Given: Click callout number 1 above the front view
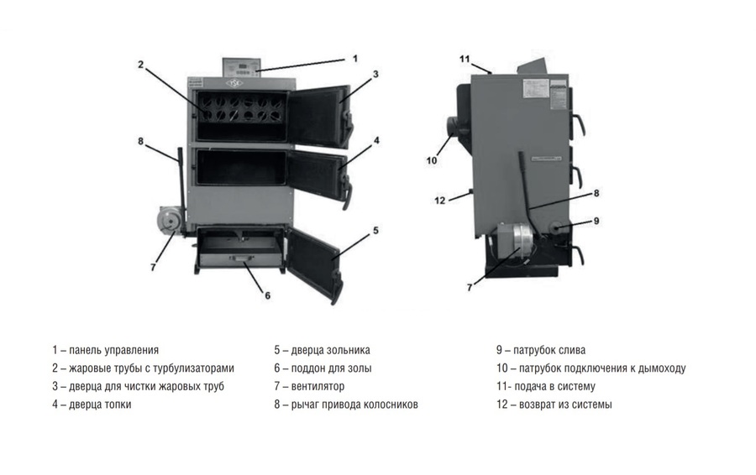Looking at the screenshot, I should [355, 59].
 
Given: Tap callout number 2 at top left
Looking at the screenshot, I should [142, 64].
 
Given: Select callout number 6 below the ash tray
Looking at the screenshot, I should [267, 295].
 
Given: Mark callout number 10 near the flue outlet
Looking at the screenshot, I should [432, 160].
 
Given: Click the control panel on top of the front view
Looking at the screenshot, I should [240, 67].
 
